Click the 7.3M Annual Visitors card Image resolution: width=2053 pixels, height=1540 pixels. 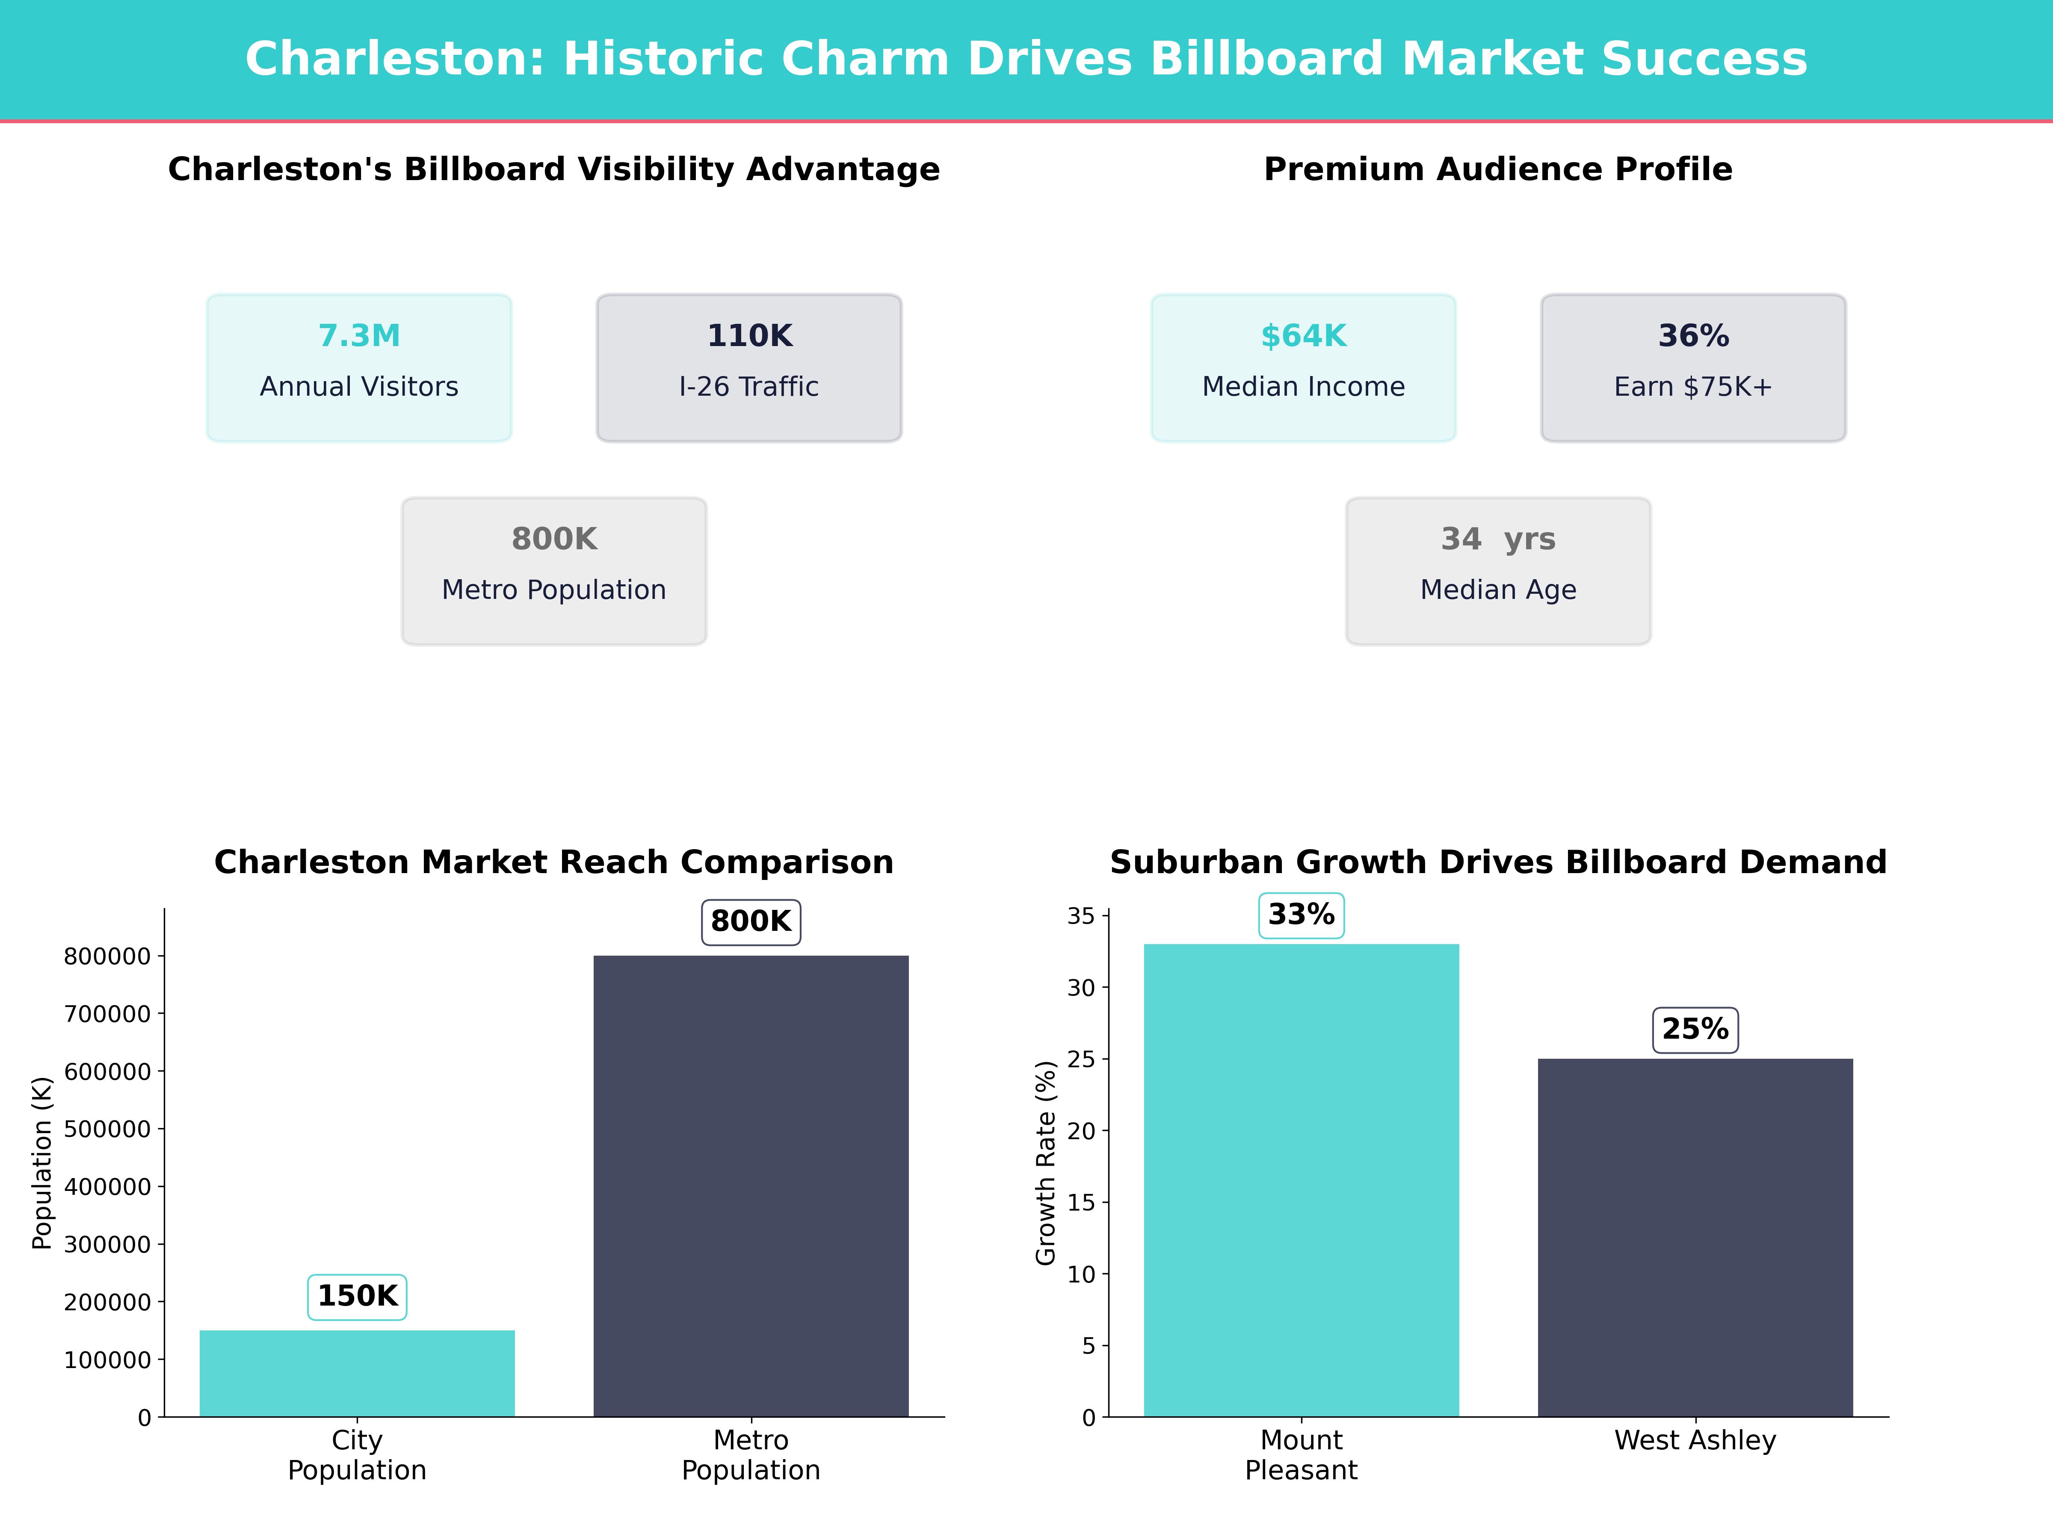tap(359, 367)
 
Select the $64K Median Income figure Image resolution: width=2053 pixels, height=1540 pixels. tap(1303, 336)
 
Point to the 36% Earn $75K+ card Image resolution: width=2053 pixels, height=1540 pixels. tap(1693, 367)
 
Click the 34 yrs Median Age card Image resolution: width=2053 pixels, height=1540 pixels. tap(1498, 571)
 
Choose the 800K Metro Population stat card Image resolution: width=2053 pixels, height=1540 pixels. tap(554, 571)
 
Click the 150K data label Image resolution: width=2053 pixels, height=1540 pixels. tap(357, 1296)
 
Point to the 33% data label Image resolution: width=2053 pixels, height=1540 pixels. tap(1301, 915)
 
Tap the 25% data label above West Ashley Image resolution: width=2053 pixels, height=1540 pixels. tap(1695, 1030)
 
